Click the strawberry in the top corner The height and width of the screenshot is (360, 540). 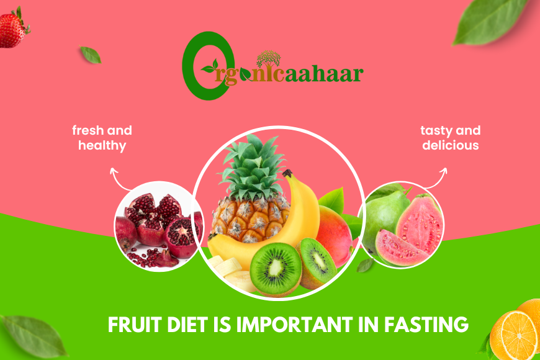(x=13, y=29)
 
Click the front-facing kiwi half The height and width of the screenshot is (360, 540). (x=276, y=269)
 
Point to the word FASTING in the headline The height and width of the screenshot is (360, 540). (x=426, y=325)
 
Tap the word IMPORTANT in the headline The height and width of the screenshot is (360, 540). (x=295, y=325)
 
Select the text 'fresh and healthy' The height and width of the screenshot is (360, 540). (x=102, y=138)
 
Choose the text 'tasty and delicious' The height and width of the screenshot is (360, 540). (x=451, y=138)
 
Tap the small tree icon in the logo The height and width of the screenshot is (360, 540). (x=268, y=58)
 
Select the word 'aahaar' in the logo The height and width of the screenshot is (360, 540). (x=324, y=73)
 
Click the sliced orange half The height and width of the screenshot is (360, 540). (x=513, y=335)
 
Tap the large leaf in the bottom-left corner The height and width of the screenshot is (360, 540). (x=34, y=336)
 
